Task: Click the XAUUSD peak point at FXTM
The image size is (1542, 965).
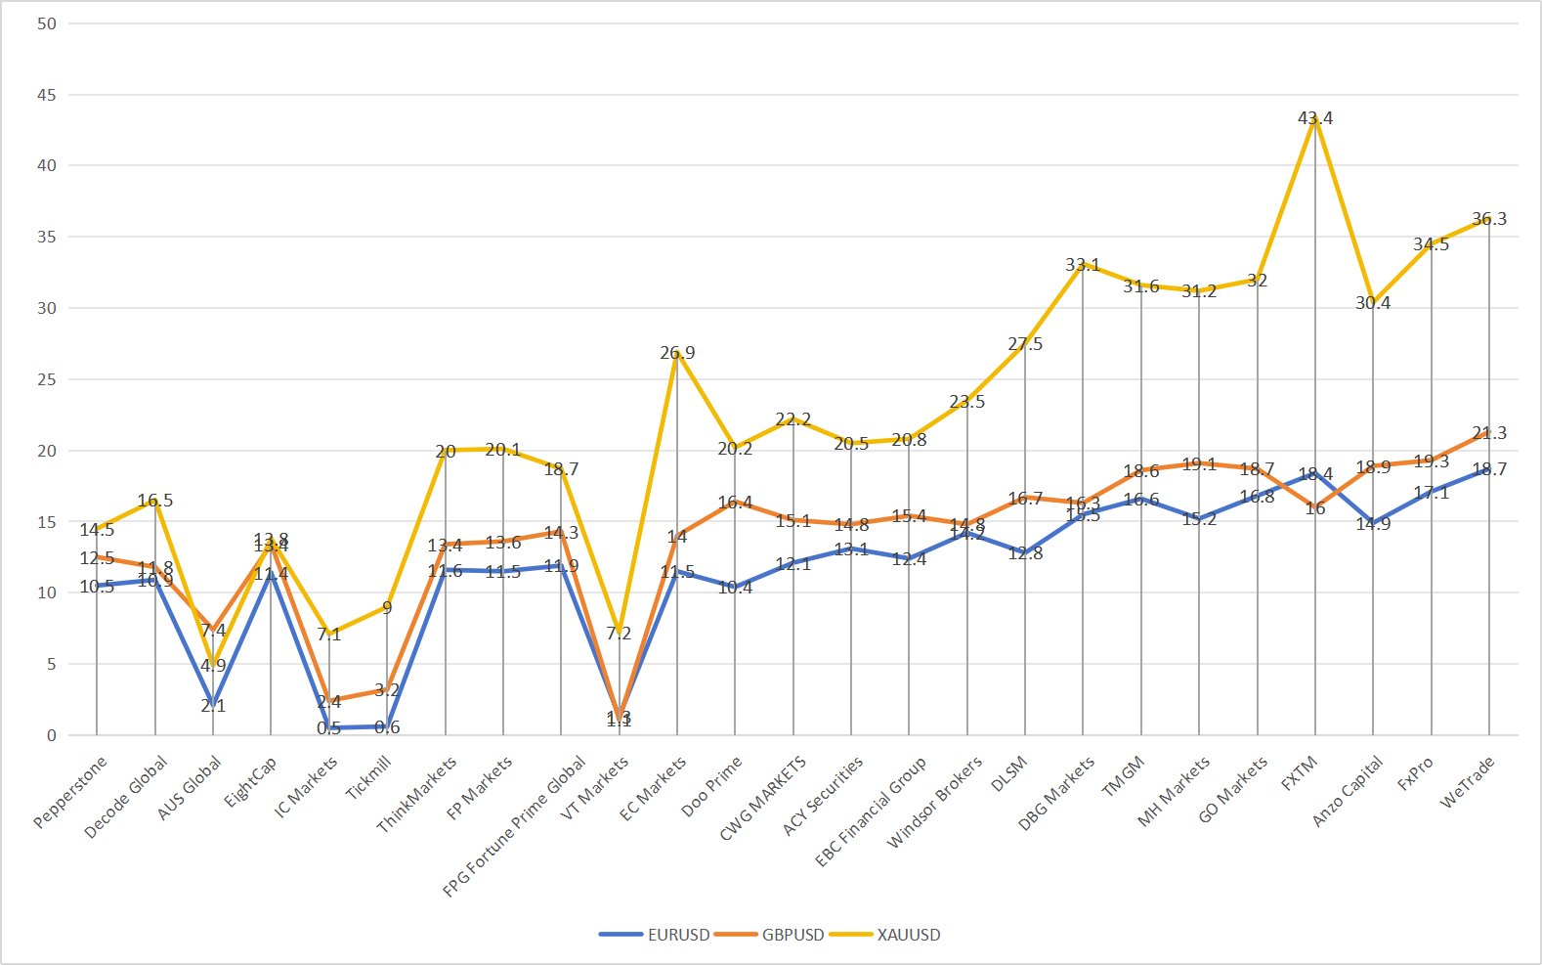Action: (x=1315, y=118)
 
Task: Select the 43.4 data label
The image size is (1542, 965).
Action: (x=1315, y=118)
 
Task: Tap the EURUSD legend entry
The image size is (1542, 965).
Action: (x=656, y=935)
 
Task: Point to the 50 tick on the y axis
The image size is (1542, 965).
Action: (x=47, y=23)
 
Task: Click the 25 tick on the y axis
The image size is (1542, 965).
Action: (x=47, y=379)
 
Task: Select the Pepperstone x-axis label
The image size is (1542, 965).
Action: (x=69, y=792)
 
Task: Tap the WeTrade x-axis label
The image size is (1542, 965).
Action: (x=1467, y=783)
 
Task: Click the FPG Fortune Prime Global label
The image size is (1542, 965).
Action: (x=515, y=826)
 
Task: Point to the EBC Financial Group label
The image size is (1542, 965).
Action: (x=871, y=811)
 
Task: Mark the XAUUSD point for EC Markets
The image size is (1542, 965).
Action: (x=677, y=353)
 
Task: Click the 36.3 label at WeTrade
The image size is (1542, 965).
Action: (x=1489, y=219)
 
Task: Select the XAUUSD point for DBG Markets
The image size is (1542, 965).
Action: (x=1083, y=264)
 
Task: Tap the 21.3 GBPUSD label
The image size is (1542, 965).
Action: (x=1489, y=433)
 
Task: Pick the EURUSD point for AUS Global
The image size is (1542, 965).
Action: (x=213, y=705)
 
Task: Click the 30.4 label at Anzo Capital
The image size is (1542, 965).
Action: (x=1373, y=303)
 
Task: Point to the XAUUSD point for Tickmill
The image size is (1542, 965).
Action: (x=387, y=607)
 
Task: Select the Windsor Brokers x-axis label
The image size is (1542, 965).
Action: (x=934, y=803)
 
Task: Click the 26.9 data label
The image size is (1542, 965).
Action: (x=677, y=353)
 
